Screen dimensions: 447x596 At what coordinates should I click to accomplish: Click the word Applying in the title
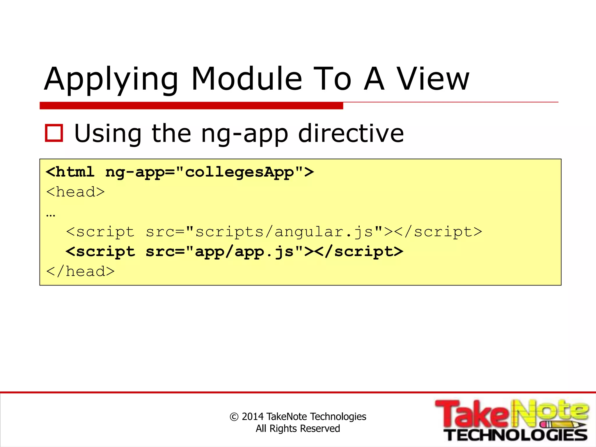(x=111, y=79)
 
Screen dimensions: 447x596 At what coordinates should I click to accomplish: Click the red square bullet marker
(x=54, y=133)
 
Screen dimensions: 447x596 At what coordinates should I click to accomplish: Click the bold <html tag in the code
(x=70, y=172)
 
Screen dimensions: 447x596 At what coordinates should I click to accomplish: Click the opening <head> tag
(x=75, y=192)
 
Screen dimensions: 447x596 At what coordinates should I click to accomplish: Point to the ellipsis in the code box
(x=51, y=215)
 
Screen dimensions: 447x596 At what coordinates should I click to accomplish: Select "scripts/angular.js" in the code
(x=284, y=232)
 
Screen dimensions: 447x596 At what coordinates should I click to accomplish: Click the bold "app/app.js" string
(x=244, y=251)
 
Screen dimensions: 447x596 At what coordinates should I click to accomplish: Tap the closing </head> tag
(x=80, y=271)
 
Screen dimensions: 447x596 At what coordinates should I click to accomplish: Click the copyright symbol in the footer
(x=234, y=417)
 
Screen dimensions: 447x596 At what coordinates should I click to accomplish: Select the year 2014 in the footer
(x=253, y=416)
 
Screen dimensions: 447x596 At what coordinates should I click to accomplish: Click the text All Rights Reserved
(x=298, y=428)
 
